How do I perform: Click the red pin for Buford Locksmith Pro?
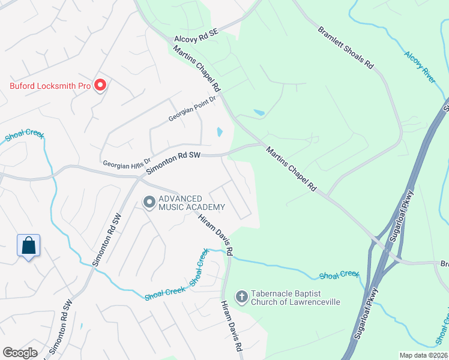point(100,85)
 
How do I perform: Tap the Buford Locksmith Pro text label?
point(50,86)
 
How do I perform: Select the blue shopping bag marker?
point(28,245)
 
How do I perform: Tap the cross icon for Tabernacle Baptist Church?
point(241,296)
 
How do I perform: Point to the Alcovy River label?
point(420,67)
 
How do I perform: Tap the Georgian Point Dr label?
point(191,109)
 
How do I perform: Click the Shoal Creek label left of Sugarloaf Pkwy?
point(339,275)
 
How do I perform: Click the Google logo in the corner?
point(20,353)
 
